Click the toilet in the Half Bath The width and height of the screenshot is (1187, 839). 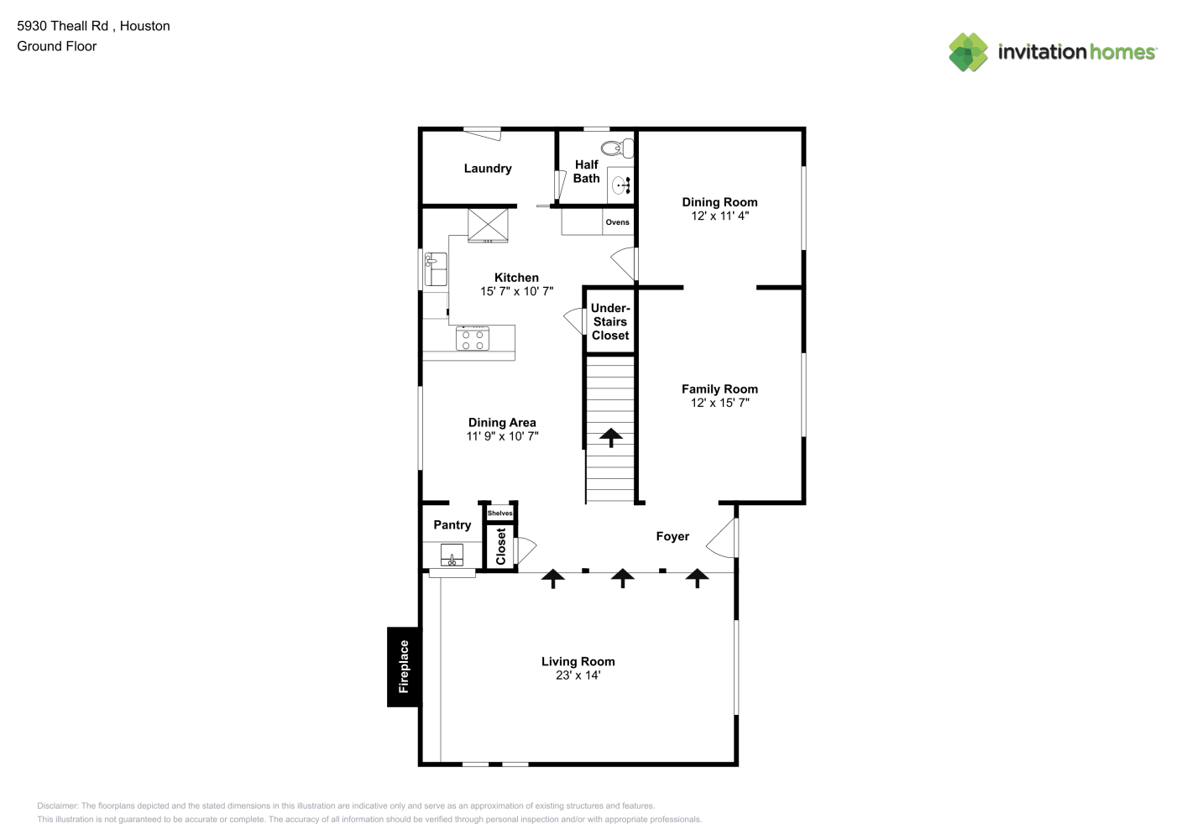(617, 149)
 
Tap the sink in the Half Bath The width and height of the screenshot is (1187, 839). (620, 185)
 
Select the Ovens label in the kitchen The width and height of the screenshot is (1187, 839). (617, 222)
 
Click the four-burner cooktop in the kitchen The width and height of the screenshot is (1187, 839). (473, 339)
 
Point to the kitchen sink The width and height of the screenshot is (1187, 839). (436, 269)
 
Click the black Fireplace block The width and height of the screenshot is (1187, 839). (404, 667)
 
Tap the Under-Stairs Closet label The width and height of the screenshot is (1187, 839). (610, 321)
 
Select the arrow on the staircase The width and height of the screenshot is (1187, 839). (611, 437)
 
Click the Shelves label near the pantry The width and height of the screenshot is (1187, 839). (499, 513)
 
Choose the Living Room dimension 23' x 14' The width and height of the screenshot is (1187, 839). (578, 675)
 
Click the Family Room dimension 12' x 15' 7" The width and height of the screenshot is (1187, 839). (719, 403)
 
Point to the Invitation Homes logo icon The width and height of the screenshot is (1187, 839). (968, 52)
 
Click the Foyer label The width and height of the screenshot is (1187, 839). (672, 537)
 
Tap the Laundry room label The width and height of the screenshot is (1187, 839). (488, 169)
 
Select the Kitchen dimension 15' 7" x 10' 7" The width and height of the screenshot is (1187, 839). (516, 291)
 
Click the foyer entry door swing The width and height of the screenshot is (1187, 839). (721, 538)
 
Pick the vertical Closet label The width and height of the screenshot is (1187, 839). (501, 546)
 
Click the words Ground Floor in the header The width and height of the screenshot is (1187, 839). (57, 47)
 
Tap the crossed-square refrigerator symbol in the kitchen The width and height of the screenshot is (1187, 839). (488, 226)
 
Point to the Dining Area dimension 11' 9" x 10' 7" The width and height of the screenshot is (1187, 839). (502, 436)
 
